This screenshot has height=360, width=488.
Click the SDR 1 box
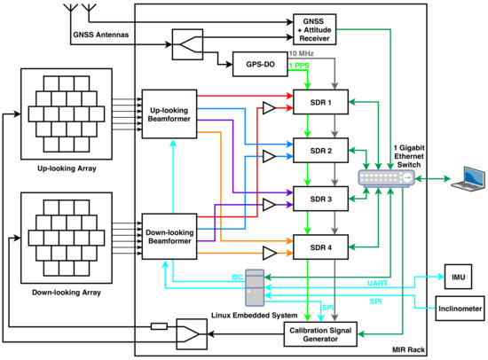coord(320,102)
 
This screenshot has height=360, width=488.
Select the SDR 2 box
coord(320,150)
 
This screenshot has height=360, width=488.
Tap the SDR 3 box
coord(320,199)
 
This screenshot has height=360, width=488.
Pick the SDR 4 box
coord(320,247)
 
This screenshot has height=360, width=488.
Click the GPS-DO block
coord(260,64)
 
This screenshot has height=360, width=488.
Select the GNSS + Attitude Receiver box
coord(315,29)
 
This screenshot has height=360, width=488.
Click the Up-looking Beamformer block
coord(169,114)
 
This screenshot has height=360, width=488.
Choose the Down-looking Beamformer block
coord(169,237)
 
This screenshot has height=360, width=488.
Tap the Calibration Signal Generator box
coord(320,334)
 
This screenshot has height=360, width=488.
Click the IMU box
coord(458,277)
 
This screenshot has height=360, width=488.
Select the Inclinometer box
coord(460,309)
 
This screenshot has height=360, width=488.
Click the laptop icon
coord(468,178)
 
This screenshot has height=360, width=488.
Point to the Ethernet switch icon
coord(386,178)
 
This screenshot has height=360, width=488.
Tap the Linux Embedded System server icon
coord(255,288)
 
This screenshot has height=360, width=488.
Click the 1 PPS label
coord(299,66)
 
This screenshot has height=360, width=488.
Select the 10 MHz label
coord(302,53)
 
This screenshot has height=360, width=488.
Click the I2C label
coord(238,278)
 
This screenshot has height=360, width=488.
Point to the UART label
coord(377,283)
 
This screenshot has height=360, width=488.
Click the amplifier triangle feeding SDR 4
coord(270,253)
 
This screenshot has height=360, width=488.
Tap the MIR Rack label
coord(408,349)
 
